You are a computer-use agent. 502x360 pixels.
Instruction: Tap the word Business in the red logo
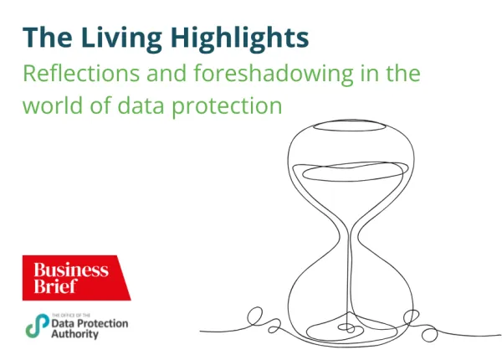click(x=71, y=270)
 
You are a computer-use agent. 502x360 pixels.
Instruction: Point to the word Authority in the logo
click(x=74, y=334)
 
